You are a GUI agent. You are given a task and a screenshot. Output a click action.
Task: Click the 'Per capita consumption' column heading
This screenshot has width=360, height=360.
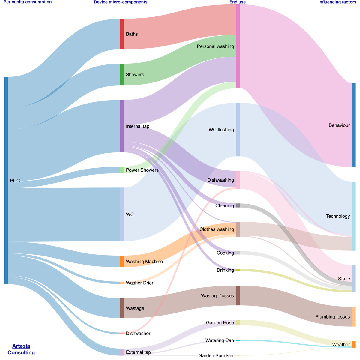coord(28,2)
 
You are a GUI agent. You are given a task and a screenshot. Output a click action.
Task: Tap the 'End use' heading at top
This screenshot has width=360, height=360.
coord(238,2)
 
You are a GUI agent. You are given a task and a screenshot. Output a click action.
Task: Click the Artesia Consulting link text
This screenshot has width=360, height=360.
coord(21,349)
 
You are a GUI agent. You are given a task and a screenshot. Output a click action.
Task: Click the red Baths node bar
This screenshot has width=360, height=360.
coord(122,34)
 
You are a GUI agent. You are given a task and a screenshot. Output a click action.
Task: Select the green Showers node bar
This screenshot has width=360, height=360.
coord(122,74)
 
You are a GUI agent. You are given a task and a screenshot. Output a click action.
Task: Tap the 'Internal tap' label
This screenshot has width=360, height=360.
coord(138,126)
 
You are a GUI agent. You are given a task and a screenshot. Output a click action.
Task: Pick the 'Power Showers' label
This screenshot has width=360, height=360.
coord(142,170)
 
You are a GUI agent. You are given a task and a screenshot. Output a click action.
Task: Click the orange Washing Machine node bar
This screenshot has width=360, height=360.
coord(122,261)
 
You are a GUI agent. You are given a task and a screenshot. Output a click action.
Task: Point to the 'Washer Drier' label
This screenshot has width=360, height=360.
coord(139,283)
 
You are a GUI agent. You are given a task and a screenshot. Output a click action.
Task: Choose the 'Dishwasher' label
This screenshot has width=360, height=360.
coord(138,333)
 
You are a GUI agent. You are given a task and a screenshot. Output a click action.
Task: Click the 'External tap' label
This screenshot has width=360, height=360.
coord(138,352)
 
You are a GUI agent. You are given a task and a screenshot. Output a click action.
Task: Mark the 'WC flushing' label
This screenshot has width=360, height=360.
coord(221,130)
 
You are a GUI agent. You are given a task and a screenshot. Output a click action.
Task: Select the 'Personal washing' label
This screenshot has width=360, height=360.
coord(215,46)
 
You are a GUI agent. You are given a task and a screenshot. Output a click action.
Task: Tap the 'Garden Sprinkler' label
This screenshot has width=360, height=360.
coord(216,355)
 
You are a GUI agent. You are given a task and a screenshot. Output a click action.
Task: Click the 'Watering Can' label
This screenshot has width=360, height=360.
coord(219,340)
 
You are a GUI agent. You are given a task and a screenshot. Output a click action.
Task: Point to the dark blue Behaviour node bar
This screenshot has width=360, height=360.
coord(354,125)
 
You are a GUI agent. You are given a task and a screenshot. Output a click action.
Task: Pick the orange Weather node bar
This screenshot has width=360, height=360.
coord(354,344)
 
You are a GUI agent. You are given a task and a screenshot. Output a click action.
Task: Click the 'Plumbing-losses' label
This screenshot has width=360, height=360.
coord(332,317)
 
